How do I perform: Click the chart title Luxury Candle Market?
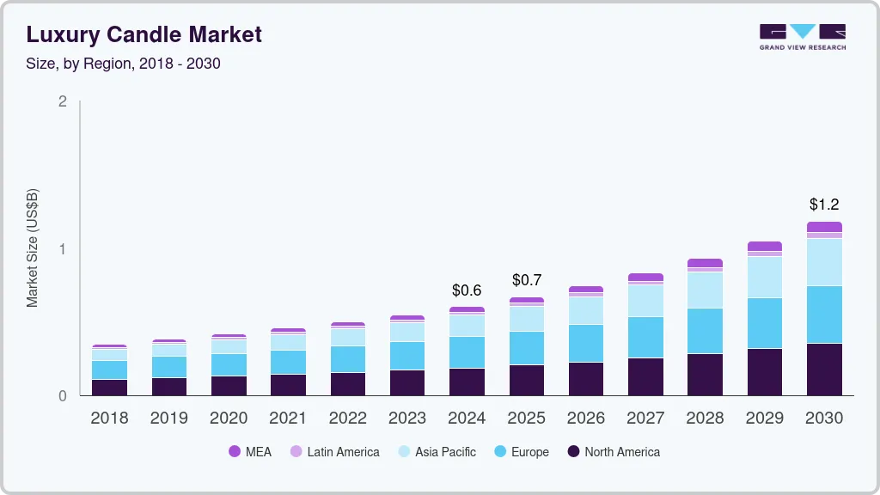[x=144, y=34]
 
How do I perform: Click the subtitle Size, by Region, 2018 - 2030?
[x=123, y=64]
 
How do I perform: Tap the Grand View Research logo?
[x=802, y=36]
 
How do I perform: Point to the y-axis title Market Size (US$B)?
[x=33, y=248]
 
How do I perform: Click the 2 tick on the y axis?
[x=62, y=101]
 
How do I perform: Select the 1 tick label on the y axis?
[x=62, y=249]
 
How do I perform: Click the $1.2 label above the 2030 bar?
[x=824, y=205]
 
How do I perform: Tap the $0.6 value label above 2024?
[x=467, y=290]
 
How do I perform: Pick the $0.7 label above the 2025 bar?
[x=527, y=280]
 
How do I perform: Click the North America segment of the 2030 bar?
[x=824, y=370]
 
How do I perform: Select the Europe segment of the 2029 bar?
[x=764, y=323]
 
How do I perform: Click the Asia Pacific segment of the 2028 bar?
[x=705, y=290]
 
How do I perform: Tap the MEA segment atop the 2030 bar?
[x=824, y=227]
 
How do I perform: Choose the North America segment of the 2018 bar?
[x=109, y=387]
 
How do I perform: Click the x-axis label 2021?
[x=288, y=419]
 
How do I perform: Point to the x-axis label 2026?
[x=586, y=419]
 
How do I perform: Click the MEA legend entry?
[x=250, y=451]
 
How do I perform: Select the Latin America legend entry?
[x=335, y=451]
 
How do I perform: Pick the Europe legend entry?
[x=521, y=451]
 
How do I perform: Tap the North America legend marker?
[x=573, y=451]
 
